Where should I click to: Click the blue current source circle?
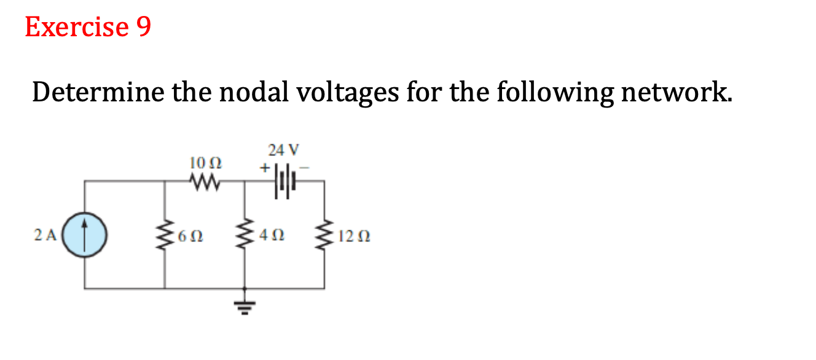point(85,235)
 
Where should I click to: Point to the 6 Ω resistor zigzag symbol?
point(165,235)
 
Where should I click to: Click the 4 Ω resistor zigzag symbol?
point(246,235)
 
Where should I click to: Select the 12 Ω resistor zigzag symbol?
point(324,235)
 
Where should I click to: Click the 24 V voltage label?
point(283,149)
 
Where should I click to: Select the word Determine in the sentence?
point(98,93)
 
